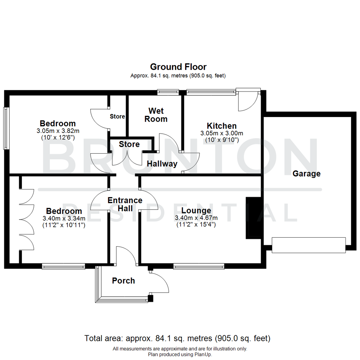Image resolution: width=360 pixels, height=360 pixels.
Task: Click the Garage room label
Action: [306, 174]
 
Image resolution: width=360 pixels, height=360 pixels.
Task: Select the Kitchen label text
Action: [222, 126]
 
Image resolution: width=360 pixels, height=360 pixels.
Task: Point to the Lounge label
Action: [196, 211]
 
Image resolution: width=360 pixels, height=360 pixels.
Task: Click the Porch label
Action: [123, 281]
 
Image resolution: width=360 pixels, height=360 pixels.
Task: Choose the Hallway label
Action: [162, 164]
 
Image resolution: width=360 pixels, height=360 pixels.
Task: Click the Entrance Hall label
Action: [125, 204]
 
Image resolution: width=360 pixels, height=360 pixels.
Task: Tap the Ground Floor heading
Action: [178, 67]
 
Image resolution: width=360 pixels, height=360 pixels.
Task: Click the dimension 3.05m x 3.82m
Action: [58, 130]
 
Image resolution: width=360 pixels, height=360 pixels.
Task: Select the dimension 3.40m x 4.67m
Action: [196, 218]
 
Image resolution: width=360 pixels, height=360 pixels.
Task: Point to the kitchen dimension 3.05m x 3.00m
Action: [222, 133]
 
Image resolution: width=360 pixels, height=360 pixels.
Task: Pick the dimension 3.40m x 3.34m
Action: [64, 218]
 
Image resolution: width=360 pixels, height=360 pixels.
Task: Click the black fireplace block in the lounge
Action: [253, 218]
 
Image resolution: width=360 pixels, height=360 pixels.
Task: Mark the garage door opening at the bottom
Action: [309, 245]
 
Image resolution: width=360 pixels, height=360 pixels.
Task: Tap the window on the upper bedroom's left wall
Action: [6, 128]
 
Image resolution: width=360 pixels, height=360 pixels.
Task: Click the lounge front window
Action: [198, 266]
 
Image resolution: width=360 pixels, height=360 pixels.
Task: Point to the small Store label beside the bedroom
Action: [117, 117]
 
